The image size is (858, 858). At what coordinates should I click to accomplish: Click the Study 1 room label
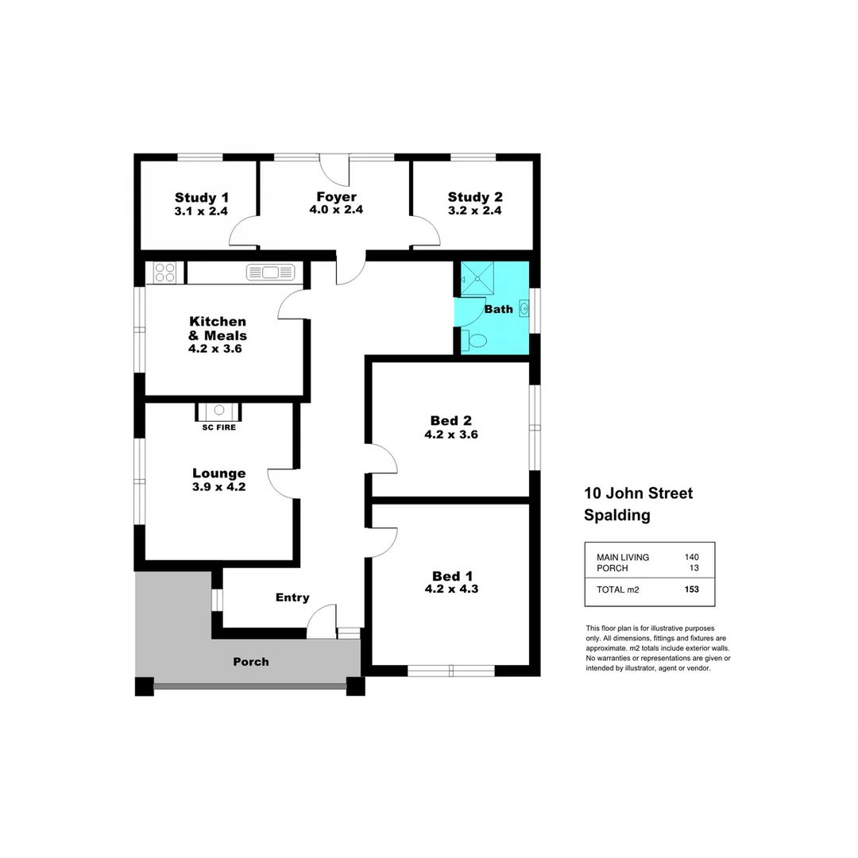(202, 198)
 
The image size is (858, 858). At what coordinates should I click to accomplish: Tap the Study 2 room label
(475, 197)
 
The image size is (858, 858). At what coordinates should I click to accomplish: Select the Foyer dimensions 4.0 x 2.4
(336, 211)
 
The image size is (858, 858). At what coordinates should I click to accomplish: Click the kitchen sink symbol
(271, 272)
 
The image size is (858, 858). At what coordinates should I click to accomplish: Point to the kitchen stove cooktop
(164, 272)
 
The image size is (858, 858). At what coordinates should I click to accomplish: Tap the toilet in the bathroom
(477, 341)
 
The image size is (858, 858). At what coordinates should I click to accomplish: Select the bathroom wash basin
(524, 308)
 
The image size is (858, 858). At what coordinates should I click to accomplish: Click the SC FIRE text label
(218, 427)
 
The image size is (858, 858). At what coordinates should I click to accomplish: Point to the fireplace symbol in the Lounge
(218, 410)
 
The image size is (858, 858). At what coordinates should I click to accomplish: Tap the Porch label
(251, 661)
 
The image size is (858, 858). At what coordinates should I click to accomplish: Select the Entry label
(292, 597)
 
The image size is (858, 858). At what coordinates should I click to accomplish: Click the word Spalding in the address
(617, 515)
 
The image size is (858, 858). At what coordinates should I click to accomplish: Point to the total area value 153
(691, 589)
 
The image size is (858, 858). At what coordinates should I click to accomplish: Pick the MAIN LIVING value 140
(691, 558)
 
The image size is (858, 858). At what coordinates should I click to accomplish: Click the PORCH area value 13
(694, 568)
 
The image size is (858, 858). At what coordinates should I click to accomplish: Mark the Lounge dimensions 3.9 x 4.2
(218, 487)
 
